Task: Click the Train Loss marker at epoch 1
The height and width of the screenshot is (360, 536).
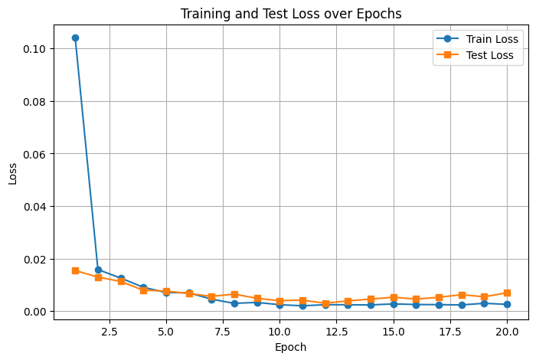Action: pos(75,38)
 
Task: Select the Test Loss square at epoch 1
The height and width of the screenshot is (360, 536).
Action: pos(75,270)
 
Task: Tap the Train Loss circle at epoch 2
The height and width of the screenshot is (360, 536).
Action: pos(98,270)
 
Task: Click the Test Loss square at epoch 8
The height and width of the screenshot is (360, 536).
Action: pos(234,294)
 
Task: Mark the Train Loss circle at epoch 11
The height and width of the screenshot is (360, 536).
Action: pos(302,306)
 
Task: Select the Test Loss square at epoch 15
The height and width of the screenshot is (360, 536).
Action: pos(394,297)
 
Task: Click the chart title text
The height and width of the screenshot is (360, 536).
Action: pos(291,13)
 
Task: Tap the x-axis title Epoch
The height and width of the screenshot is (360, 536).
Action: pos(291,347)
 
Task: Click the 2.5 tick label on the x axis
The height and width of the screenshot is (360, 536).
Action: pos(109,332)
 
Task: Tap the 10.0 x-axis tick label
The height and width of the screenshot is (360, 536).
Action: pos(279,332)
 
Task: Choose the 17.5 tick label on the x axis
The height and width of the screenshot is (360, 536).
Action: pos(450,332)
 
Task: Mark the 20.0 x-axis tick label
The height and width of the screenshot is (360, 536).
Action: pos(507,332)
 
